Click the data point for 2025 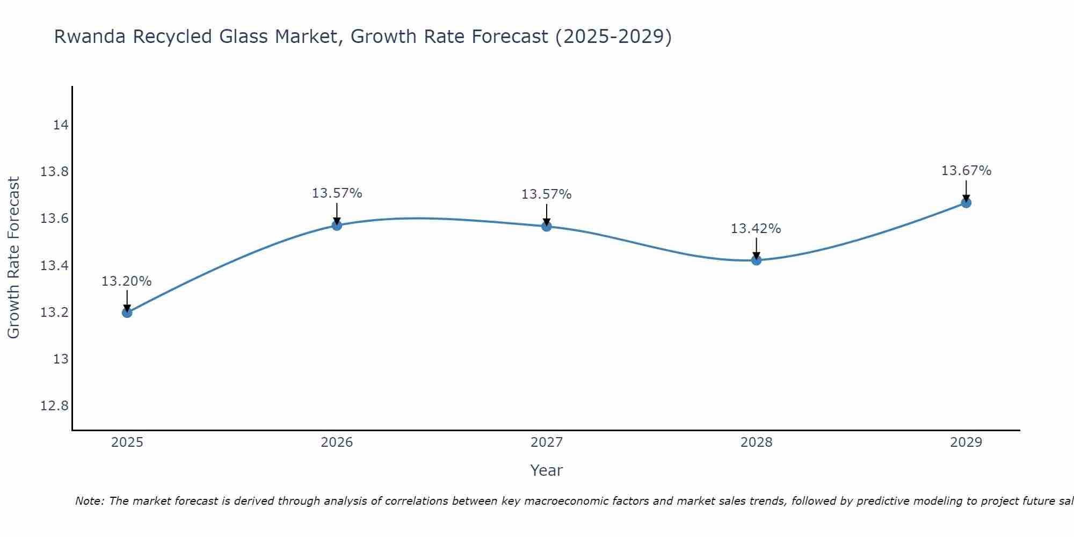point(127,313)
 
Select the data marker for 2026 point(337,226)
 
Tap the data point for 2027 point(547,227)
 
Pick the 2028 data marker point(756,260)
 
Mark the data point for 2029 point(966,203)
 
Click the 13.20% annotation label point(127,281)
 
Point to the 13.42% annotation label point(756,229)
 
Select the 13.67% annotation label point(966,171)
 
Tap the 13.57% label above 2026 point(337,193)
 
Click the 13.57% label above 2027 point(546,194)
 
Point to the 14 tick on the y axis point(61,126)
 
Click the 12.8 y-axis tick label point(55,406)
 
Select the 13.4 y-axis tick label point(55,266)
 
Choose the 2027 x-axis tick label point(547,442)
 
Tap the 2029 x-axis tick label point(966,442)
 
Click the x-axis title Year point(546,470)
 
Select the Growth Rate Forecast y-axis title point(14,258)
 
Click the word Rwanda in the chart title point(90,37)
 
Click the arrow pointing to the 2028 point point(756,249)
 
